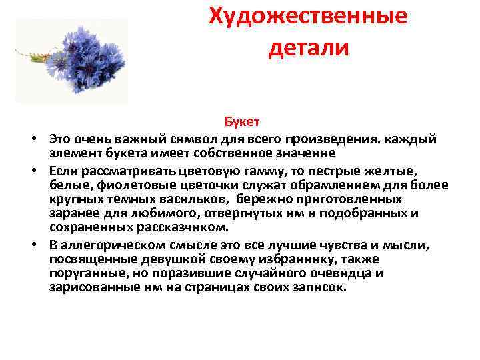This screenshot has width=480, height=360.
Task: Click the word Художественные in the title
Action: point(308,16)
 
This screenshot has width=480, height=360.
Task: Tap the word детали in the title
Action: point(308,47)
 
